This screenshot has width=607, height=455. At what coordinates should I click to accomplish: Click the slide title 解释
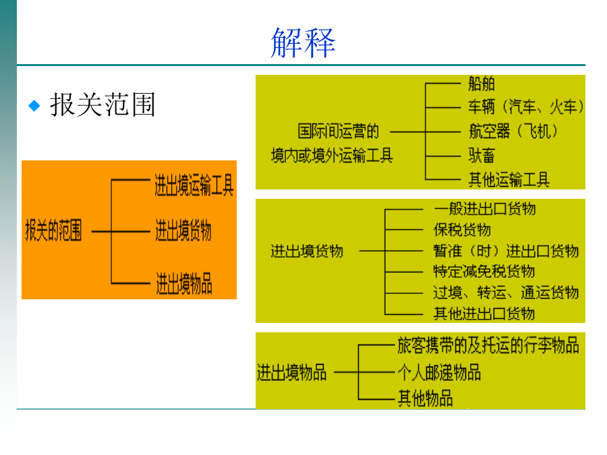tap(303, 42)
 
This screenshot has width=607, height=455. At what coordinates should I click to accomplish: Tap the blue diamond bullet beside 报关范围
tap(34, 105)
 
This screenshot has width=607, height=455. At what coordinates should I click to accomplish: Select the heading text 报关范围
tap(103, 104)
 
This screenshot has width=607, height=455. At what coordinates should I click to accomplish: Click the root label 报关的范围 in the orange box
tap(53, 231)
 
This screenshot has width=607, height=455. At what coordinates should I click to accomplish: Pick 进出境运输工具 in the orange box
tap(194, 185)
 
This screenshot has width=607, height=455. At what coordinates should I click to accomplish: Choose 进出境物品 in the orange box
tap(184, 284)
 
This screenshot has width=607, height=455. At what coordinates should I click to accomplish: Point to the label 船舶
tap(482, 84)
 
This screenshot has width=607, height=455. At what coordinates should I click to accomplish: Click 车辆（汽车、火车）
tap(526, 107)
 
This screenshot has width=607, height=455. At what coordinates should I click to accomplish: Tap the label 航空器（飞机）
tap(513, 131)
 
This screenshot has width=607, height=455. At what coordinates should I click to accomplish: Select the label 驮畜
tap(482, 156)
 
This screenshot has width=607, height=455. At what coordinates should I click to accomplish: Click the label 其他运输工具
tap(509, 179)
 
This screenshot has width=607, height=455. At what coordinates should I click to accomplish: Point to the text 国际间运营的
tap(339, 131)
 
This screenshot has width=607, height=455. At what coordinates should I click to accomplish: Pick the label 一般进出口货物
tap(485, 209)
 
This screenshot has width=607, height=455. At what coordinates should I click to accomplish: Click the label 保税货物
tap(462, 230)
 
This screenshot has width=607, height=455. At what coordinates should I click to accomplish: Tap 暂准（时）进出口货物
tap(506, 251)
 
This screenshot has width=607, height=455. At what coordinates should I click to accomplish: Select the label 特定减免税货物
tap(484, 272)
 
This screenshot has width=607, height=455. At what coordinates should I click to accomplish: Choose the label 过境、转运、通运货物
tap(506, 293)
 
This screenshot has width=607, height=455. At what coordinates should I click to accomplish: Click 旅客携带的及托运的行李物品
tap(488, 345)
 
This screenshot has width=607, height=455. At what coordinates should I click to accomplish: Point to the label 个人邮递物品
tap(439, 373)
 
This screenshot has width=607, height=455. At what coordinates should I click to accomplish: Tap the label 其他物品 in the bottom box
tap(426, 398)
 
